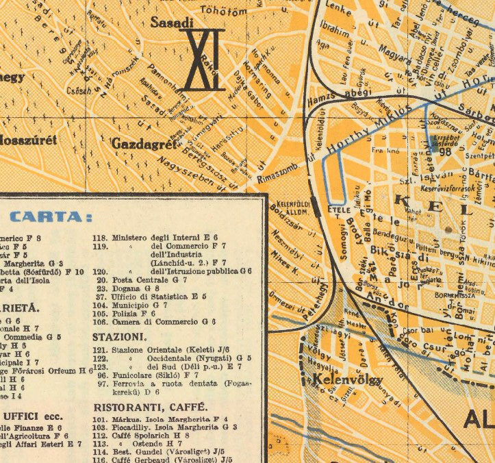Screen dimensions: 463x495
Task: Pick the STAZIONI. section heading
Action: pyautogui.click(x=120, y=338)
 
